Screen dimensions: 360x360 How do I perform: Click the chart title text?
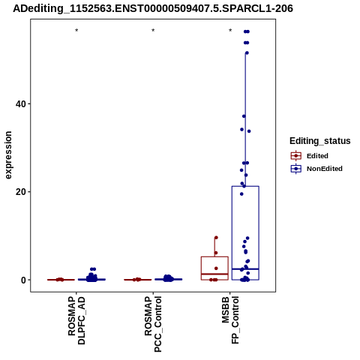coord(153,8)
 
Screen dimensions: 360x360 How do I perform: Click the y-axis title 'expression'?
coord(8,155)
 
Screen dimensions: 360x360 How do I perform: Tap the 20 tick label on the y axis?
coord(20,192)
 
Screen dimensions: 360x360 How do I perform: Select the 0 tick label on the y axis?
coord(23,280)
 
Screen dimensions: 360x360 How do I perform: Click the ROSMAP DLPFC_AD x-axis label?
coord(76,320)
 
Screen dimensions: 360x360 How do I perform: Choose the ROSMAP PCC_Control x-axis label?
coord(153,324)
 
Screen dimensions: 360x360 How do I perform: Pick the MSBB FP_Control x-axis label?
coord(230,320)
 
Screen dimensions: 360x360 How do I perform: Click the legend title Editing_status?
coord(320,141)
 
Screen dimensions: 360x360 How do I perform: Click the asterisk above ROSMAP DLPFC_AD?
coord(76,31)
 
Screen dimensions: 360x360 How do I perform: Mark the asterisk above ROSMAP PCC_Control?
coord(153,31)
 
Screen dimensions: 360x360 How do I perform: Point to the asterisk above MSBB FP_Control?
coord(230,31)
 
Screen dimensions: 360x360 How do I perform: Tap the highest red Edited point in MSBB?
coord(216,238)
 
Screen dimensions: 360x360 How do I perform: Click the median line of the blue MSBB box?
coord(245,269)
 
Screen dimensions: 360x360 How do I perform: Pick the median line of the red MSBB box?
coord(214,274)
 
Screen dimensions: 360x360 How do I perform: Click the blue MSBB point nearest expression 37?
coord(244,116)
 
